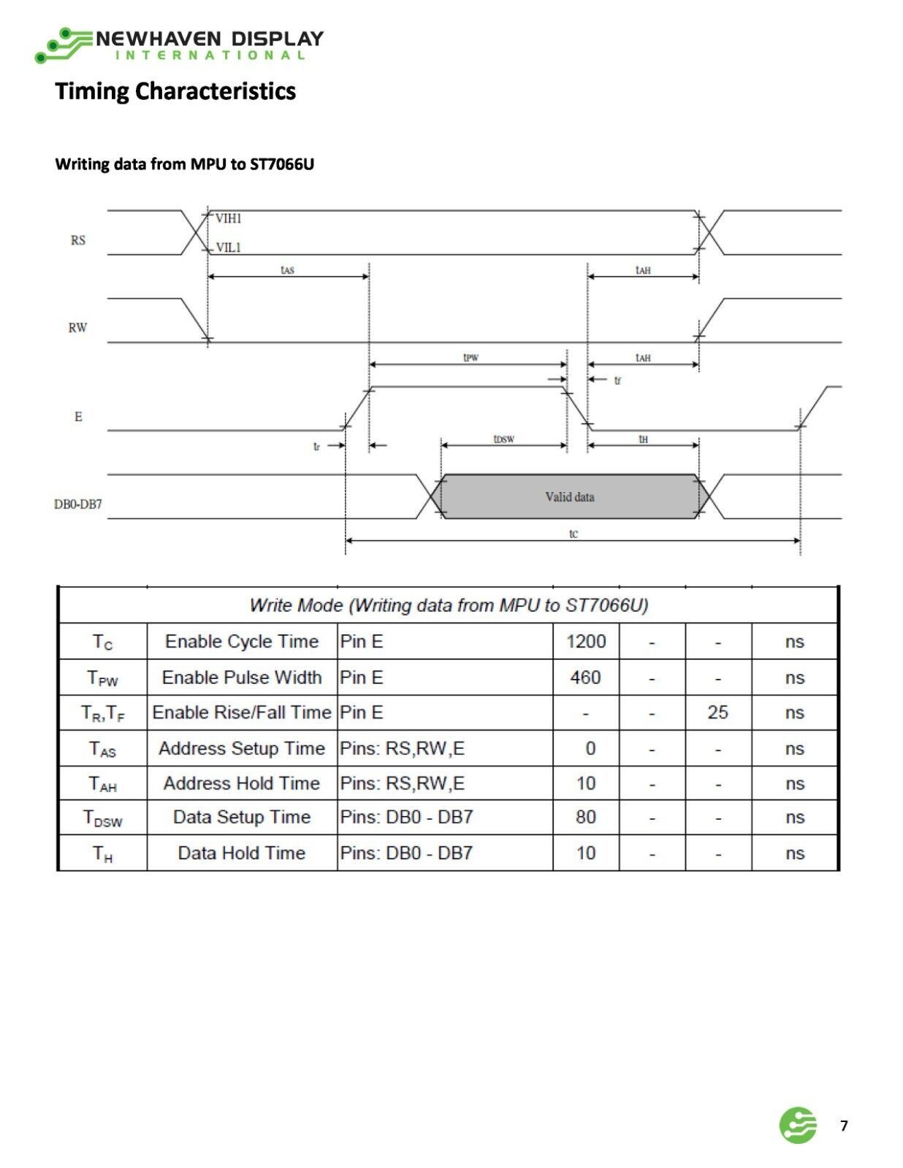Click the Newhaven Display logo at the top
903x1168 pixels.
pos(179,45)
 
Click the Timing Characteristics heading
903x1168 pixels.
pos(175,91)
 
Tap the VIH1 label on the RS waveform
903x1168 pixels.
pos(229,218)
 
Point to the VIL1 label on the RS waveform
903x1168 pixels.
pos(229,247)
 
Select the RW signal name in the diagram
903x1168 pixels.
pos(77,327)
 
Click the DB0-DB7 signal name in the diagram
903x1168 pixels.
pos(78,504)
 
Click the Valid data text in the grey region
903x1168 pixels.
pos(570,496)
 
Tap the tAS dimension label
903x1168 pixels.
pos(288,269)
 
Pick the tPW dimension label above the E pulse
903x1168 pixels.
pos(470,358)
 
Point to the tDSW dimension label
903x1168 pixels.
pos(504,439)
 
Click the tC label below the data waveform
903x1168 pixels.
pos(574,533)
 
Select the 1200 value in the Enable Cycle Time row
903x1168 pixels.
pos(586,641)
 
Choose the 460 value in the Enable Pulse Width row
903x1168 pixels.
pos(586,677)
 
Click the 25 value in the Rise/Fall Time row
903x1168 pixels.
pos(718,712)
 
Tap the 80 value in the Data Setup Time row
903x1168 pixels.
pos(586,817)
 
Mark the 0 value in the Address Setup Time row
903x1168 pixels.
pos(590,748)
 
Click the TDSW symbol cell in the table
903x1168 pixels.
pos(102,818)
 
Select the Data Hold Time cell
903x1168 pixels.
pos(242,853)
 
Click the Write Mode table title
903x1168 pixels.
pos(449,605)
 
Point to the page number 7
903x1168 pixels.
pos(844,1126)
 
